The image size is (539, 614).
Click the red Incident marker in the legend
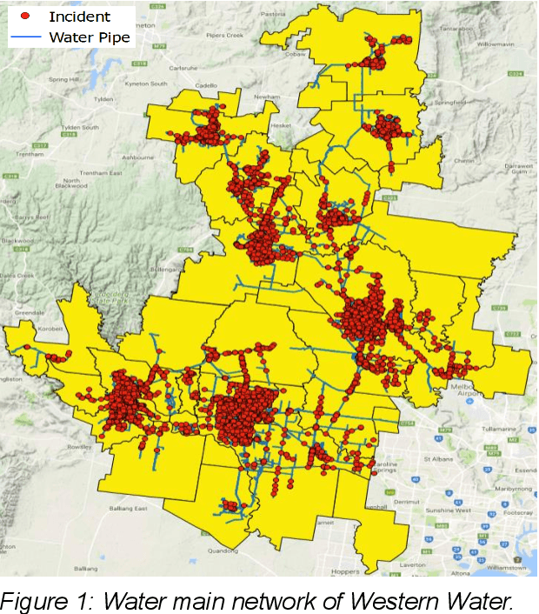[x=25, y=17]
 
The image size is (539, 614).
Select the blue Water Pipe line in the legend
[x=25, y=37]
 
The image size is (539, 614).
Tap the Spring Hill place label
[x=63, y=79]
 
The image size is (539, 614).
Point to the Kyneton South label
[x=145, y=83]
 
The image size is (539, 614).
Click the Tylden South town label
[x=79, y=127]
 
